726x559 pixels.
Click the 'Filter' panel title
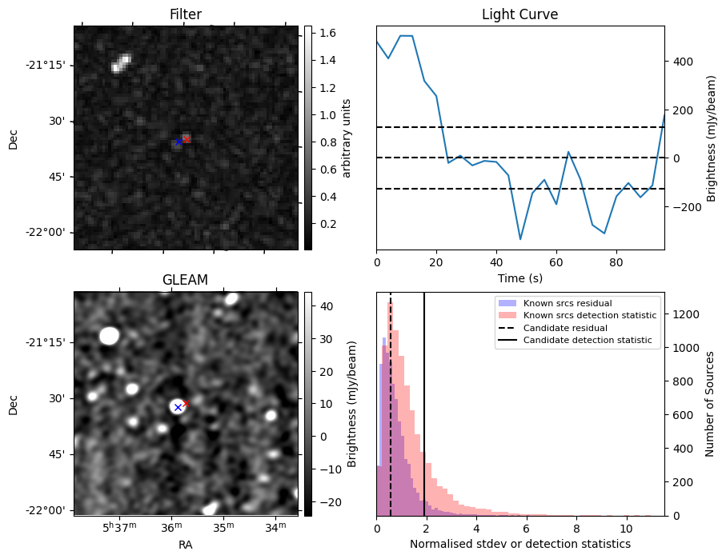point(186,14)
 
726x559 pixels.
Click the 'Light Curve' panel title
point(519,14)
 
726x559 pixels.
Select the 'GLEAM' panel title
point(186,280)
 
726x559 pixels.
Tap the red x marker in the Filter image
point(187,139)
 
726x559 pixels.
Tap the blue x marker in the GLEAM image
point(178,407)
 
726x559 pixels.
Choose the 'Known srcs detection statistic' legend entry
point(589,315)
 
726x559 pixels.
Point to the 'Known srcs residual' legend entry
point(567,303)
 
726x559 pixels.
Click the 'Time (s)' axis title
point(519,276)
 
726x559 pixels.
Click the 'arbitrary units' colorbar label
point(347,138)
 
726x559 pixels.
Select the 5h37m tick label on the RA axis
point(118,527)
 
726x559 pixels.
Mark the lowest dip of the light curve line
point(520,238)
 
